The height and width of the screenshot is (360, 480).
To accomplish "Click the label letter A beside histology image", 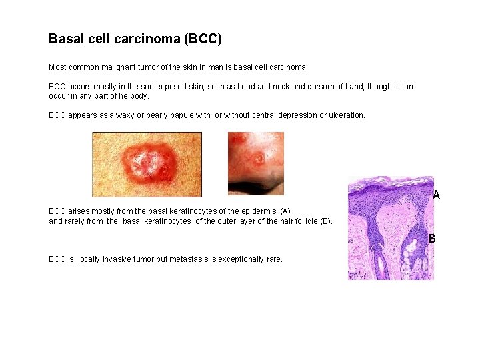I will (x=436, y=195).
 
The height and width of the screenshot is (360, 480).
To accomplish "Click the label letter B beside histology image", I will (x=432, y=238).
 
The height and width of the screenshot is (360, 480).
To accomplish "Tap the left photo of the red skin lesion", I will (x=146, y=164).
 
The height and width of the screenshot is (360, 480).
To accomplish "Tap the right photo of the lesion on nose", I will (x=255, y=163).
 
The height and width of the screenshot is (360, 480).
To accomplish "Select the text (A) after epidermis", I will (x=285, y=211).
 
